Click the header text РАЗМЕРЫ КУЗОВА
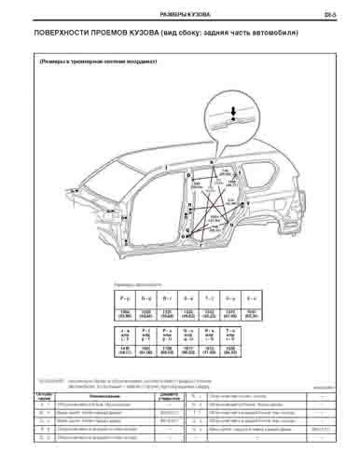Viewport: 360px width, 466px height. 184,16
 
